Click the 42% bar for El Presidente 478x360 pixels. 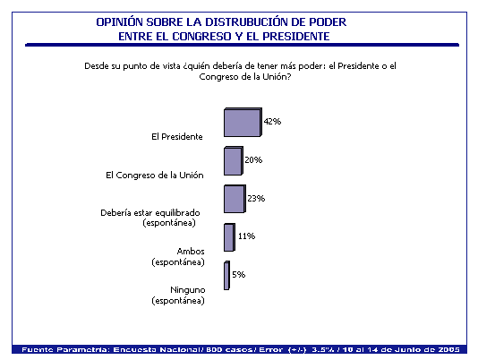[x=243, y=122]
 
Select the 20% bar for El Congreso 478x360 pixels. [x=234, y=161]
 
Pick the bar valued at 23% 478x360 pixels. [x=235, y=199]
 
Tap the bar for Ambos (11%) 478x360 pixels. [x=229, y=237]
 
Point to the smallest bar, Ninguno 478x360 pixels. [x=226, y=276]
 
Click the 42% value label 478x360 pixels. [x=272, y=122]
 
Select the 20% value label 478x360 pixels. [x=253, y=160]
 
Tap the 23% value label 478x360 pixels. [x=256, y=199]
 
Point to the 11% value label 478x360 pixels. [x=247, y=236]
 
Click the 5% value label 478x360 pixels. [x=239, y=275]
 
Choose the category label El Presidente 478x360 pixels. [x=177, y=136]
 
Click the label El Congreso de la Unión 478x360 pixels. [x=155, y=176]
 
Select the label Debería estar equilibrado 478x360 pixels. [x=150, y=212]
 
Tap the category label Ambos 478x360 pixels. [x=191, y=252]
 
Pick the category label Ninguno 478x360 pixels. [x=188, y=290]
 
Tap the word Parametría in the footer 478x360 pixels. [x=83, y=349]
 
